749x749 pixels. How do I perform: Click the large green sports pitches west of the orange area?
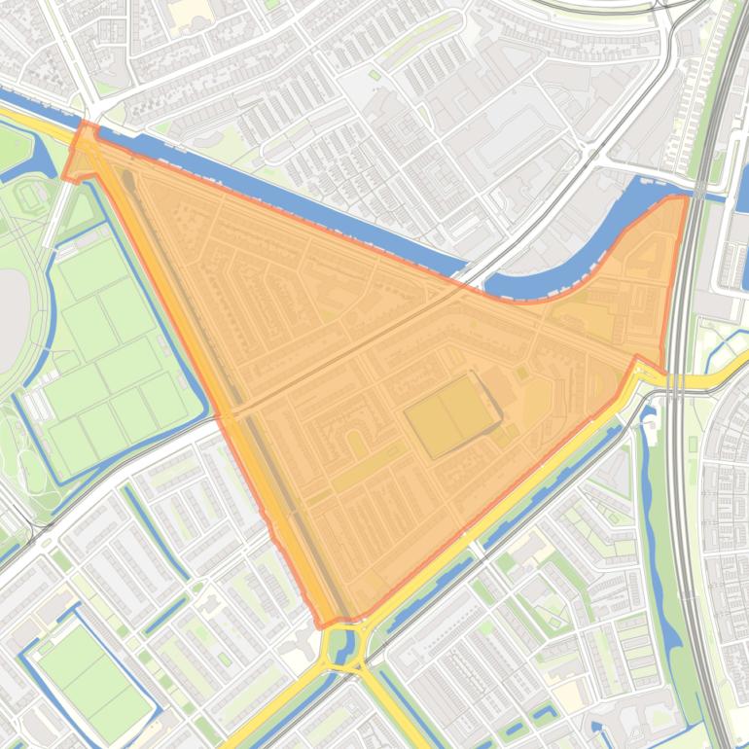(x=107, y=340)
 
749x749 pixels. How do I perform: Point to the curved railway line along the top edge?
(x=603, y=8)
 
